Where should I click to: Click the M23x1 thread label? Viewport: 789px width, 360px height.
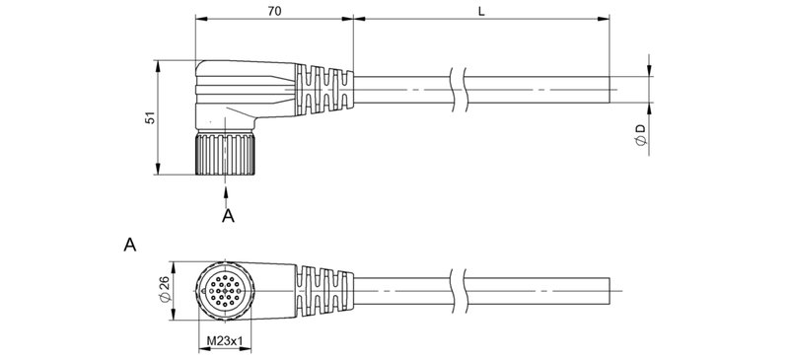click(x=226, y=342)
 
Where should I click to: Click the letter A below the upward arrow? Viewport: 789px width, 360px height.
click(x=228, y=216)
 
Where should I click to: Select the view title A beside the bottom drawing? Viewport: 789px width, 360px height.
click(x=129, y=243)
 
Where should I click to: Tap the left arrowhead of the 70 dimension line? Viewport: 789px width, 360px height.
click(x=200, y=19)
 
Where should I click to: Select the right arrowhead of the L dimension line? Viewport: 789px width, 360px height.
click(x=604, y=19)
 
